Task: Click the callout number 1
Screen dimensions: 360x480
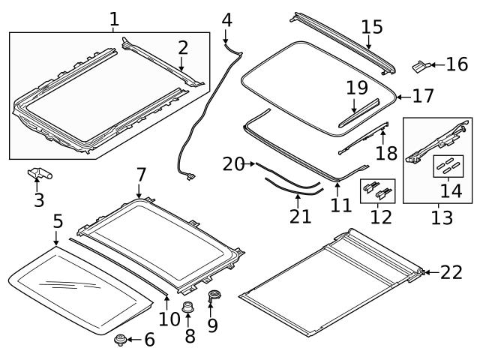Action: [114, 18]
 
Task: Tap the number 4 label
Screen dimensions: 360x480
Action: [226, 18]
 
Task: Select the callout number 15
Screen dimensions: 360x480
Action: [371, 28]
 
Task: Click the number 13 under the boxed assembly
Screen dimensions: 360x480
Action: [442, 217]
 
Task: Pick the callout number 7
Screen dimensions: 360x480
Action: [141, 175]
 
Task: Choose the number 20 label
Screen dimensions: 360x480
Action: [233, 163]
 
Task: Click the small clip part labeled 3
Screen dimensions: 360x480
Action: [40, 174]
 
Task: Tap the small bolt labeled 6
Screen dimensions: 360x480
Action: [118, 341]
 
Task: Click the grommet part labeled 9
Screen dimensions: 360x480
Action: [214, 296]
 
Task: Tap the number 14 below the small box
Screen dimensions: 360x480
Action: [450, 190]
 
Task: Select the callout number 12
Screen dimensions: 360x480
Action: [381, 217]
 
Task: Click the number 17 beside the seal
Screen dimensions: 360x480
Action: [423, 96]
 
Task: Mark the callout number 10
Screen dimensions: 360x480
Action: [170, 318]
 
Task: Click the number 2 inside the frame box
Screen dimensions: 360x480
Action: [183, 48]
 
